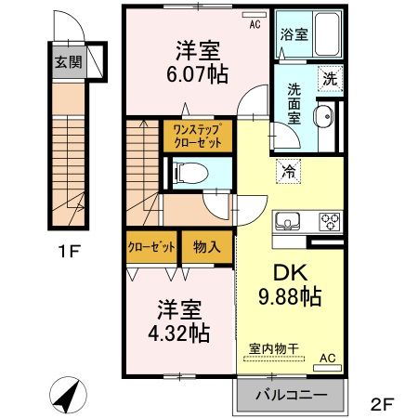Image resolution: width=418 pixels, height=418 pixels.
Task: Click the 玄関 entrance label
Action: [x=66, y=63]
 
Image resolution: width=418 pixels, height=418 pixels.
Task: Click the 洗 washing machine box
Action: [x=330, y=80]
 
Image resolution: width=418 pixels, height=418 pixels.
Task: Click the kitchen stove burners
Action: [x=331, y=221]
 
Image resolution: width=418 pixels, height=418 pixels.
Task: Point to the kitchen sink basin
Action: [x=286, y=221]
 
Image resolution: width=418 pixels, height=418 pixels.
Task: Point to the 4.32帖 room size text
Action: [x=176, y=332]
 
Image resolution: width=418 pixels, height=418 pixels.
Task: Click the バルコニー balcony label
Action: [x=294, y=395]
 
